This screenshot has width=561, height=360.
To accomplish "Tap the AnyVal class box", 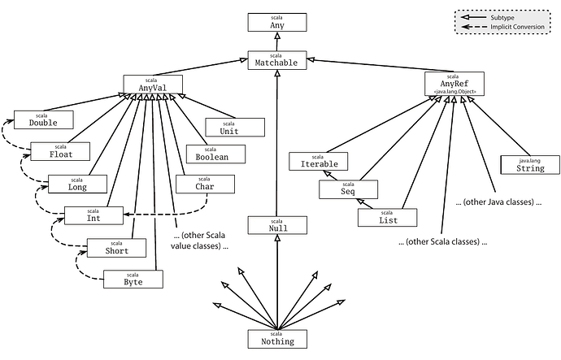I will (152, 84).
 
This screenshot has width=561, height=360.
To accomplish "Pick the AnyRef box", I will (453, 83).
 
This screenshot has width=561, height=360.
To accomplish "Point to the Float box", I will (59, 151).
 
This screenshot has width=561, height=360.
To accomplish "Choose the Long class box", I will (77, 184).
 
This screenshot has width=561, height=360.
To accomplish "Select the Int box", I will (93, 215).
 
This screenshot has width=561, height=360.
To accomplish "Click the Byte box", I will (133, 279).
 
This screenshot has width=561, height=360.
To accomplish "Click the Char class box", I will (204, 184).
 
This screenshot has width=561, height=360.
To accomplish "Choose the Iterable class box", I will (318, 161).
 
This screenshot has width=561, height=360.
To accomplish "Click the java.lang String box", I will (529, 165).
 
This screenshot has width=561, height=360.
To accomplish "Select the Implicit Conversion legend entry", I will (504, 27).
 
